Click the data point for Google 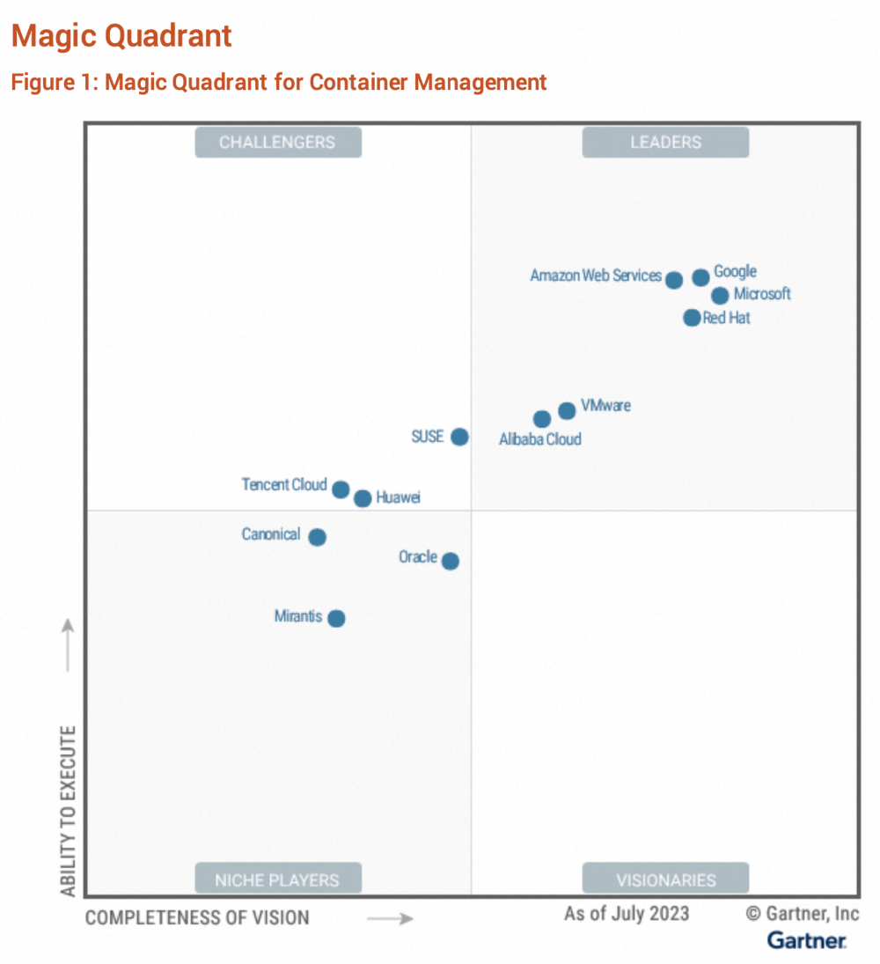click(700, 277)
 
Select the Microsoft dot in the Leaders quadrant click(720, 296)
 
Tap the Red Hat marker click(692, 318)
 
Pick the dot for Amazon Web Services click(674, 280)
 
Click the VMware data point click(567, 410)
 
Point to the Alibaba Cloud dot click(542, 419)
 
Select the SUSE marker click(459, 437)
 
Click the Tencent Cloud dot click(341, 489)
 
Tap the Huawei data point click(363, 499)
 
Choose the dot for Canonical click(318, 537)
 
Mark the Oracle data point click(450, 561)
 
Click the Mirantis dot click(336, 618)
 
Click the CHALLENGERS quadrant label click(277, 142)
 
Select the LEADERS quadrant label click(665, 142)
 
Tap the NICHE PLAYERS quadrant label click(277, 879)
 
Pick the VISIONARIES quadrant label click(665, 879)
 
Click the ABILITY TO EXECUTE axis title click(69, 810)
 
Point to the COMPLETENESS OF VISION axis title click(197, 918)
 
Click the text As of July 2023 click(627, 913)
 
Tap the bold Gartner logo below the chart click(807, 940)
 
